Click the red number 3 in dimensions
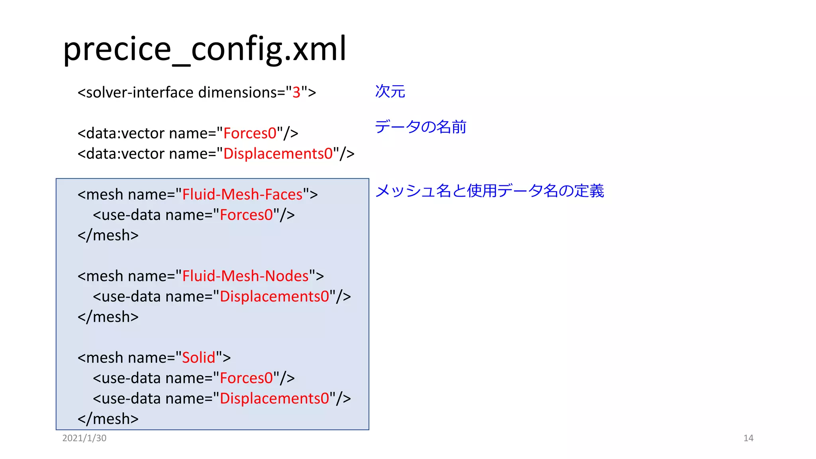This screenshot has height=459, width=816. coord(296,92)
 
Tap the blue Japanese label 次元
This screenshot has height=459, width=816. coord(390,92)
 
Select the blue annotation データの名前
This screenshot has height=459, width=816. coord(420,127)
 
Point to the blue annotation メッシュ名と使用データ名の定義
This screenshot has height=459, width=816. coord(489,191)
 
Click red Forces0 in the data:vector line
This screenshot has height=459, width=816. coord(250,133)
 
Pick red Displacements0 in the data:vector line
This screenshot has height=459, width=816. coord(278,154)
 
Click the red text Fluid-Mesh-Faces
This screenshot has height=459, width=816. coord(242,194)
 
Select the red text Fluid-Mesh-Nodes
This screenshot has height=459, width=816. coord(245,276)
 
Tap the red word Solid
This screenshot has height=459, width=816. coord(198,358)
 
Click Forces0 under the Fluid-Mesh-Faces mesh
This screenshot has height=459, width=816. coord(246,215)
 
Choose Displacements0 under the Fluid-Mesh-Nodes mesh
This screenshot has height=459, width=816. coord(275,296)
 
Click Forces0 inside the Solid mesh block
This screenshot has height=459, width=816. coord(246,378)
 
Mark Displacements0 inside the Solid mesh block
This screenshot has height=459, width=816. coord(275,398)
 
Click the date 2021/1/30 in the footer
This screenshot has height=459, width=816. coord(84,438)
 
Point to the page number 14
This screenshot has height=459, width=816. coord(748,438)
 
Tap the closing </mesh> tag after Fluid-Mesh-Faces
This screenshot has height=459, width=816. coord(108,235)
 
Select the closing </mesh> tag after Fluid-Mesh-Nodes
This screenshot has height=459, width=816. coord(108,317)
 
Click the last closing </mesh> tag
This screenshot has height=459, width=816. coord(108,419)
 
